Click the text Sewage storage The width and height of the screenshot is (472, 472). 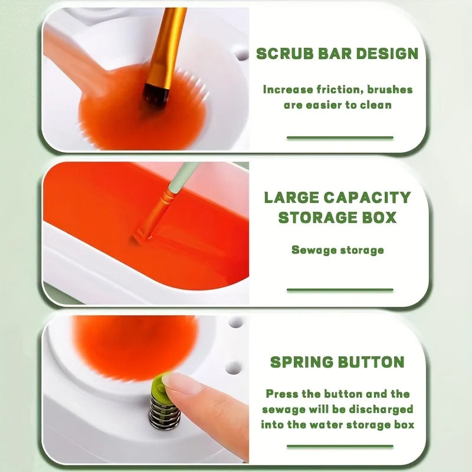click(337, 250)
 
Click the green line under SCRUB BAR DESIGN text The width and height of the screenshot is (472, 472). click(340, 137)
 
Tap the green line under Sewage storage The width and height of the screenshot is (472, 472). click(340, 290)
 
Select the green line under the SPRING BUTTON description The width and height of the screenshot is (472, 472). click(340, 446)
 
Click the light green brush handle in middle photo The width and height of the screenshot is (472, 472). click(183, 177)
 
